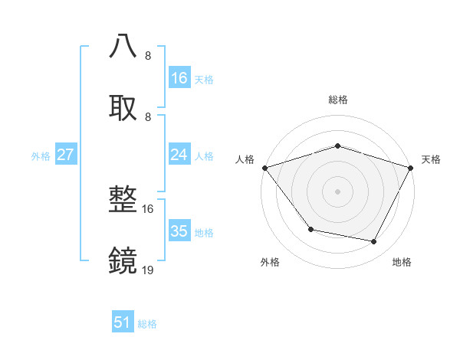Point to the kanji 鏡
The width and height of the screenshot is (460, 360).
pos(123,261)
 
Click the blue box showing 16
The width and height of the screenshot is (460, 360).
pos(179,78)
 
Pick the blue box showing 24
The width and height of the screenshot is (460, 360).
pos(179,155)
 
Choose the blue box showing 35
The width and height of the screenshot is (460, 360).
pos(179,231)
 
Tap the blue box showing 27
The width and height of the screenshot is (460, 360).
pos(66,155)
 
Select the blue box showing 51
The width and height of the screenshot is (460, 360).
pos(123,322)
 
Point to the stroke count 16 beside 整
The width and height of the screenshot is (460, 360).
pos(148,209)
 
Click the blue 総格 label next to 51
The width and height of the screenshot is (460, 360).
pos(147,324)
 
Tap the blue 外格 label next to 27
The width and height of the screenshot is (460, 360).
pos(41,156)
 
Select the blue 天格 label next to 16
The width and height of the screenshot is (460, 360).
pos(204,79)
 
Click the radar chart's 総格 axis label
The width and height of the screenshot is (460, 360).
pos(337,100)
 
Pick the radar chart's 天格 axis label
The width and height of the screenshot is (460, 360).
pos(432,159)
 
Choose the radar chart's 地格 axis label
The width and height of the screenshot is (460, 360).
pos(402,263)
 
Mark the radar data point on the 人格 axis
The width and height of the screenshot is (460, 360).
pos(264,168)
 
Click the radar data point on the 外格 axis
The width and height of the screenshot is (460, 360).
pos(310,229)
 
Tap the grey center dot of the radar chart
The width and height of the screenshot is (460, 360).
pos(337,191)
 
